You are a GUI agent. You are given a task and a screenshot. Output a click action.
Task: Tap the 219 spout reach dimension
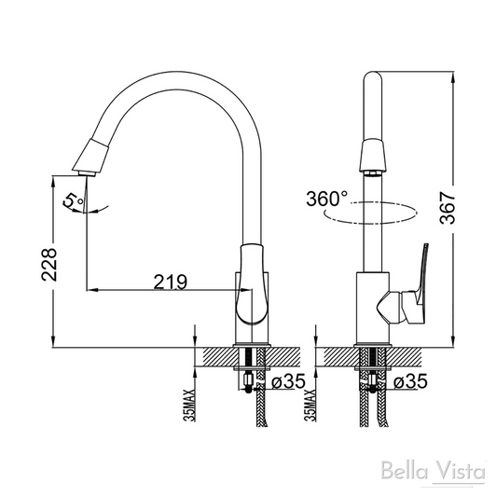(171, 282)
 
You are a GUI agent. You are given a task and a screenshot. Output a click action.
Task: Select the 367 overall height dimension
(448, 208)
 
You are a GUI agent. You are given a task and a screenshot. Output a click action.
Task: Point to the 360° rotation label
(326, 199)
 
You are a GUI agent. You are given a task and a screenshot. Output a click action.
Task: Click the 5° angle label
(74, 200)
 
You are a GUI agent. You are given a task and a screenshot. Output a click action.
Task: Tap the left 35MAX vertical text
(191, 406)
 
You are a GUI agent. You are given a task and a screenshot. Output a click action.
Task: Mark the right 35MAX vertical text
(310, 406)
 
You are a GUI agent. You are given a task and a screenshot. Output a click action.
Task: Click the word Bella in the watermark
(405, 471)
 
